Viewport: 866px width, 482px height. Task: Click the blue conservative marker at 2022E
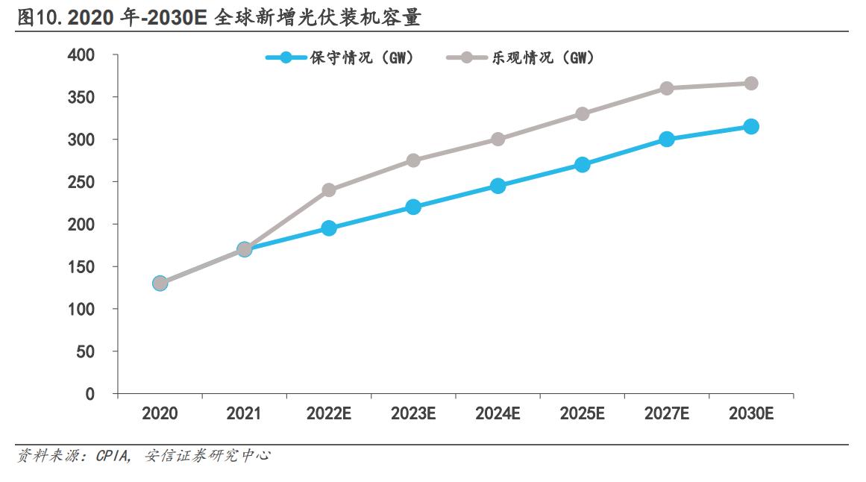pyautogui.click(x=329, y=228)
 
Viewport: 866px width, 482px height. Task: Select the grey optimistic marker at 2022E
pyautogui.click(x=329, y=190)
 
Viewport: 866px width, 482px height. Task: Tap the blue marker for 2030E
pyautogui.click(x=751, y=127)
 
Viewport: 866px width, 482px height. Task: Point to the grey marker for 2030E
pyautogui.click(x=751, y=84)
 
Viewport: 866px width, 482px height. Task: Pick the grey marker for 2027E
pyautogui.click(x=667, y=88)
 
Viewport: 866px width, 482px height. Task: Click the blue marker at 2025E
pyautogui.click(x=583, y=165)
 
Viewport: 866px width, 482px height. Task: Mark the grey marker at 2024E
pyautogui.click(x=498, y=140)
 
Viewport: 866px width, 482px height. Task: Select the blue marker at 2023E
pyautogui.click(x=413, y=207)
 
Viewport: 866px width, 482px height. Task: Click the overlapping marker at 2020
pyautogui.click(x=160, y=284)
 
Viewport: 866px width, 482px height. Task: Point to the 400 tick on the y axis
pyautogui.click(x=81, y=55)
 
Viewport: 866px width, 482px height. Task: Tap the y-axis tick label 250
pyautogui.click(x=81, y=182)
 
